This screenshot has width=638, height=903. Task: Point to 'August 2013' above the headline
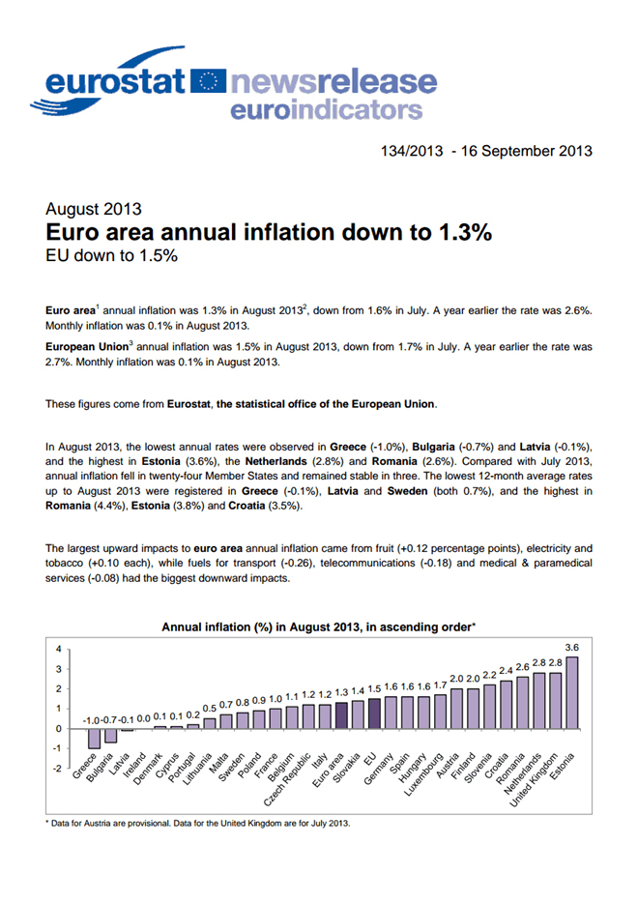(x=94, y=209)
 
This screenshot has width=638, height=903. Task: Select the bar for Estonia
(x=571, y=692)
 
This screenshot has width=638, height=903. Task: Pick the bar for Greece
(x=94, y=738)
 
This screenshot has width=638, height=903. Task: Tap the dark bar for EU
(x=374, y=714)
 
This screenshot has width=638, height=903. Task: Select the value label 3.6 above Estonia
(x=571, y=646)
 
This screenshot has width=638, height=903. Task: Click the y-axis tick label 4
(x=59, y=649)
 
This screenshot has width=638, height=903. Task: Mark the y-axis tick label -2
(x=57, y=770)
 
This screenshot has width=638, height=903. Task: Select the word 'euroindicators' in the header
(x=326, y=109)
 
